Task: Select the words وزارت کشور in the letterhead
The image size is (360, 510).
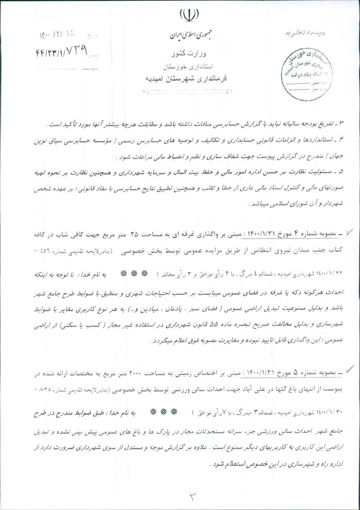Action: [x=189, y=53]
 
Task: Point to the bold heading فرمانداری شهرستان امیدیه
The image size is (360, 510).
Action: [x=186, y=78]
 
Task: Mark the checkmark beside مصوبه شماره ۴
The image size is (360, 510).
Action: [x=350, y=232]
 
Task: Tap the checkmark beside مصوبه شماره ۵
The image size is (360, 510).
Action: [x=350, y=369]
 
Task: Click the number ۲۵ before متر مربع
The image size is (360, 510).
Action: [x=136, y=233]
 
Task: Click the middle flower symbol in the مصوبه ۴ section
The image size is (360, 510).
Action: [x=134, y=273]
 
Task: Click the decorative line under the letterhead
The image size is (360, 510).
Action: [x=186, y=92]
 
